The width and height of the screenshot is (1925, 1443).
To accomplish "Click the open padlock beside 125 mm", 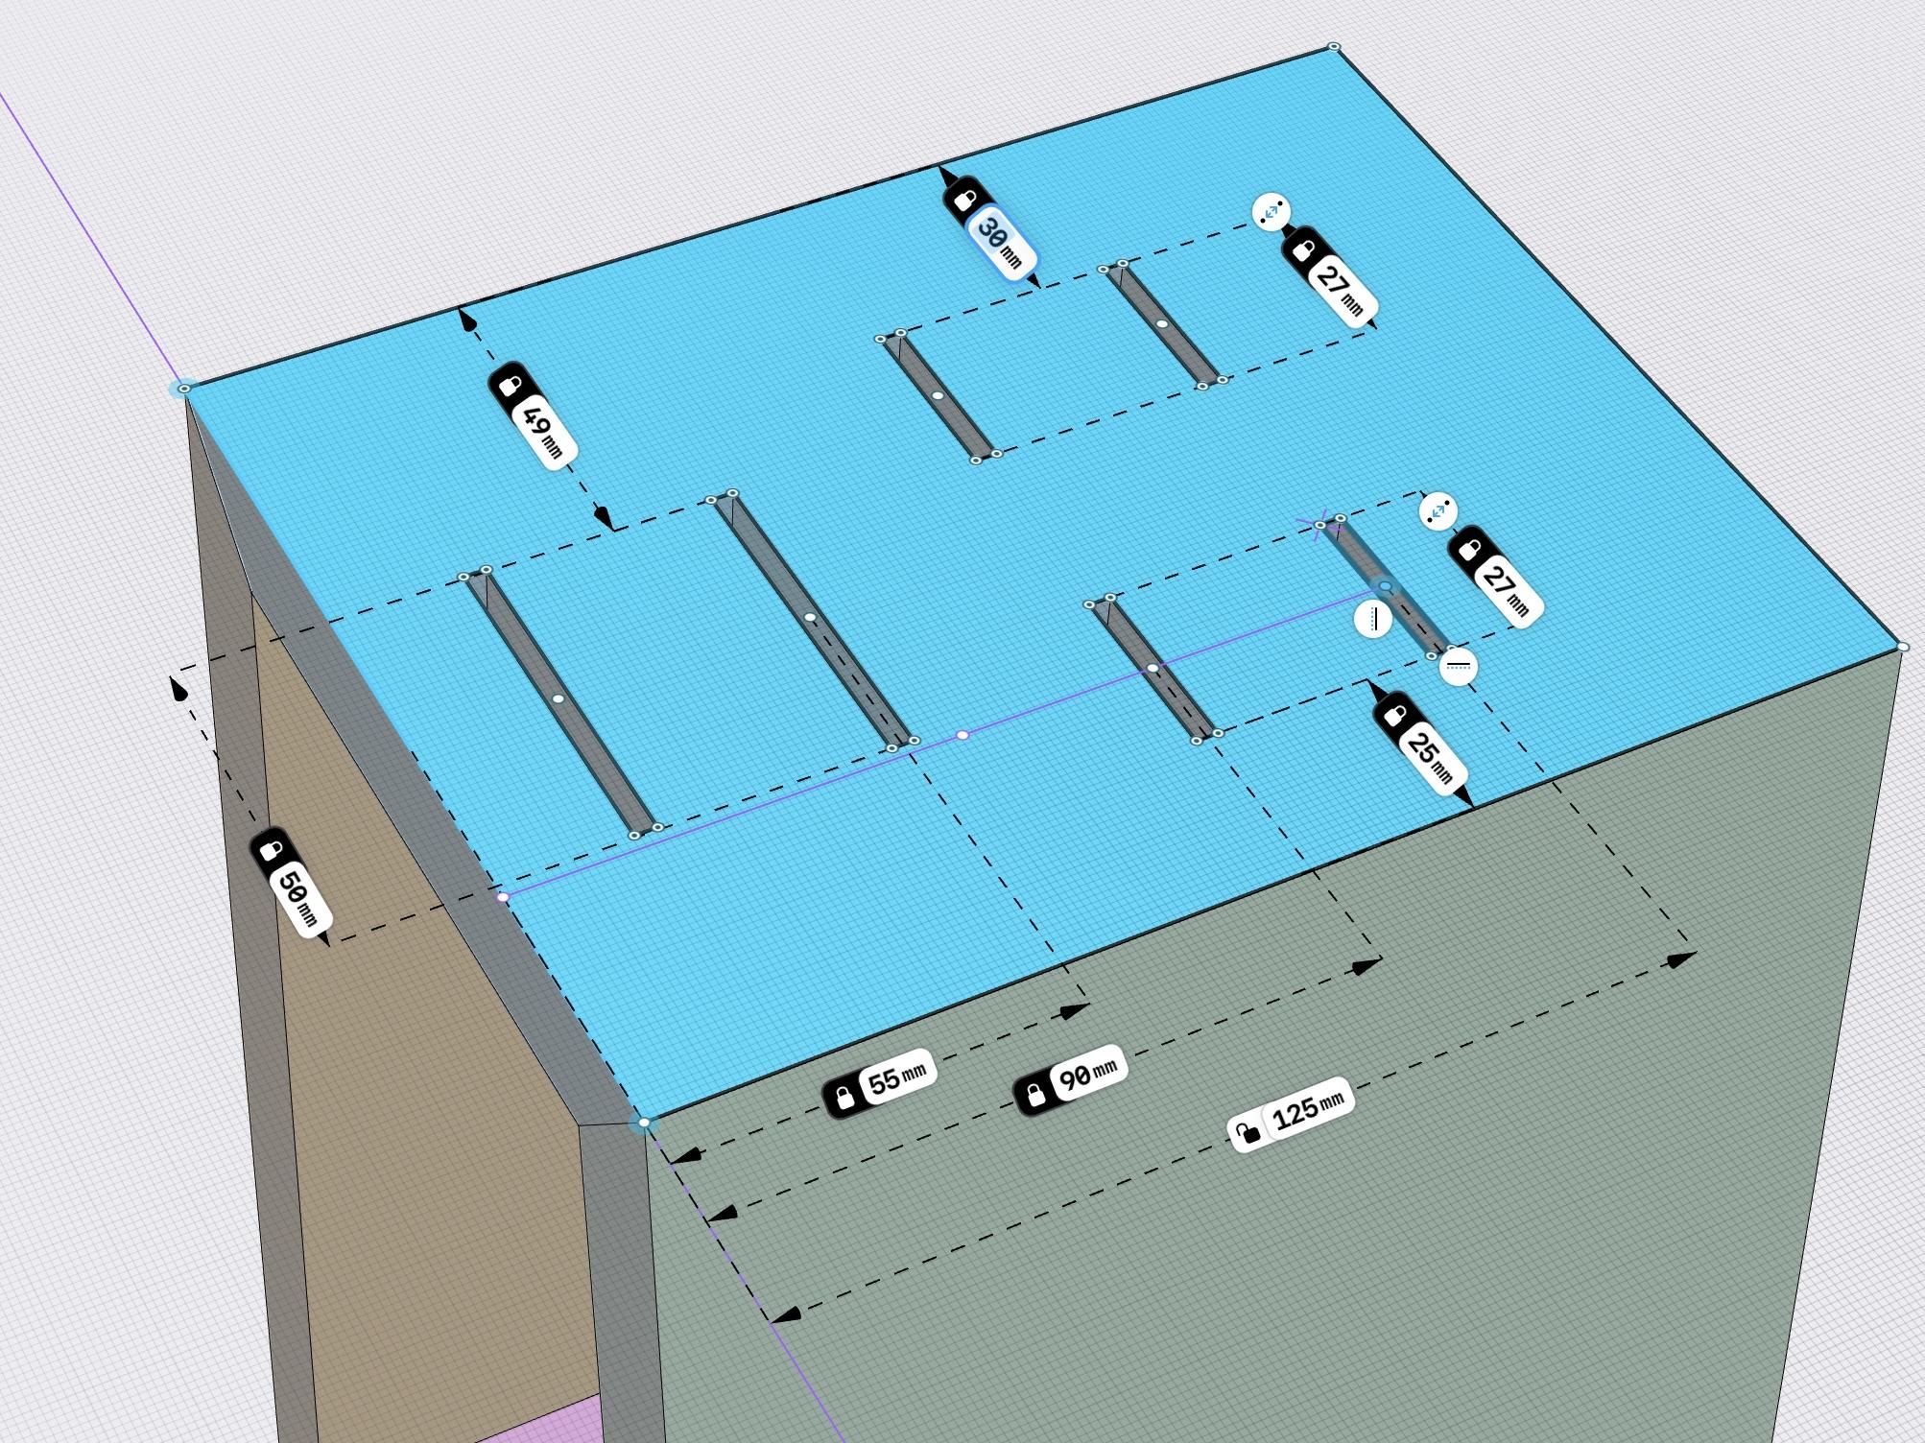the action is pos(1247,1133).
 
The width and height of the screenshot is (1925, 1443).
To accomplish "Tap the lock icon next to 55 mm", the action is pos(844,1097).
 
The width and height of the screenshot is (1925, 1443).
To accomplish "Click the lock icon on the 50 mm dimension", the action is pos(271,850).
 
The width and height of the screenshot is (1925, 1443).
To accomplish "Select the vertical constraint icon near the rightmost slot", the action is pos(1374,619).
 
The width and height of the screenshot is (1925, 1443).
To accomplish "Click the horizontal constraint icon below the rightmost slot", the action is pos(1459,666).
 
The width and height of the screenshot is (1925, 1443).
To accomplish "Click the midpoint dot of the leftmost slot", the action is pos(558,698).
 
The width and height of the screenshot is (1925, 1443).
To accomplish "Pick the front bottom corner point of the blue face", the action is pos(644,1123).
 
